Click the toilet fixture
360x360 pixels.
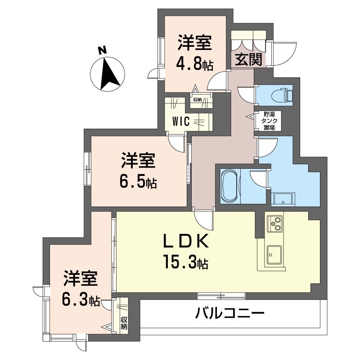coord(282,94)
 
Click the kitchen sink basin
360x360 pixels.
coord(274,255)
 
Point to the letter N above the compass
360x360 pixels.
coord(102,50)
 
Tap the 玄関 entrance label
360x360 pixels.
coord(248,60)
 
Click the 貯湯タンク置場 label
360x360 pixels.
coord(269,121)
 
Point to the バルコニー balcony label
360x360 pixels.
coord(229,313)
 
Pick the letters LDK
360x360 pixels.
coord(186,241)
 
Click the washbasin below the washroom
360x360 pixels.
coord(283,198)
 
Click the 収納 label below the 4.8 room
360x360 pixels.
coord(197,100)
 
